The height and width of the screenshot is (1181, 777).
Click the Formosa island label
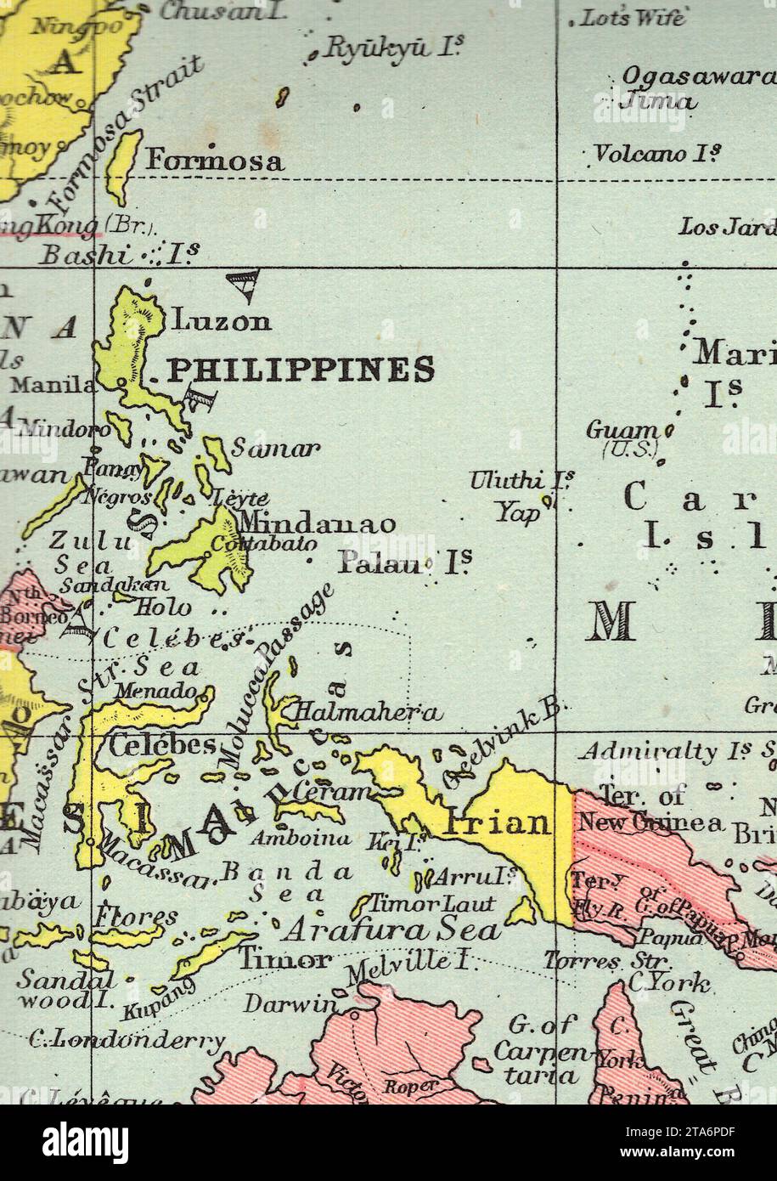[215, 161]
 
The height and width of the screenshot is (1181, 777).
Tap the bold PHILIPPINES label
[301, 370]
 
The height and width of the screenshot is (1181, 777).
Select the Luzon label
[222, 321]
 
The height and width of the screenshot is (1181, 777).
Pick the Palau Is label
[404, 561]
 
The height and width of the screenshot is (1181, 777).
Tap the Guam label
[622, 431]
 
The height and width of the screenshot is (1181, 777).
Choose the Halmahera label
[367, 713]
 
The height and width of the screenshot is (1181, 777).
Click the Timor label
[284, 960]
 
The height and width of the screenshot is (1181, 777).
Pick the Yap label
[519, 512]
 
